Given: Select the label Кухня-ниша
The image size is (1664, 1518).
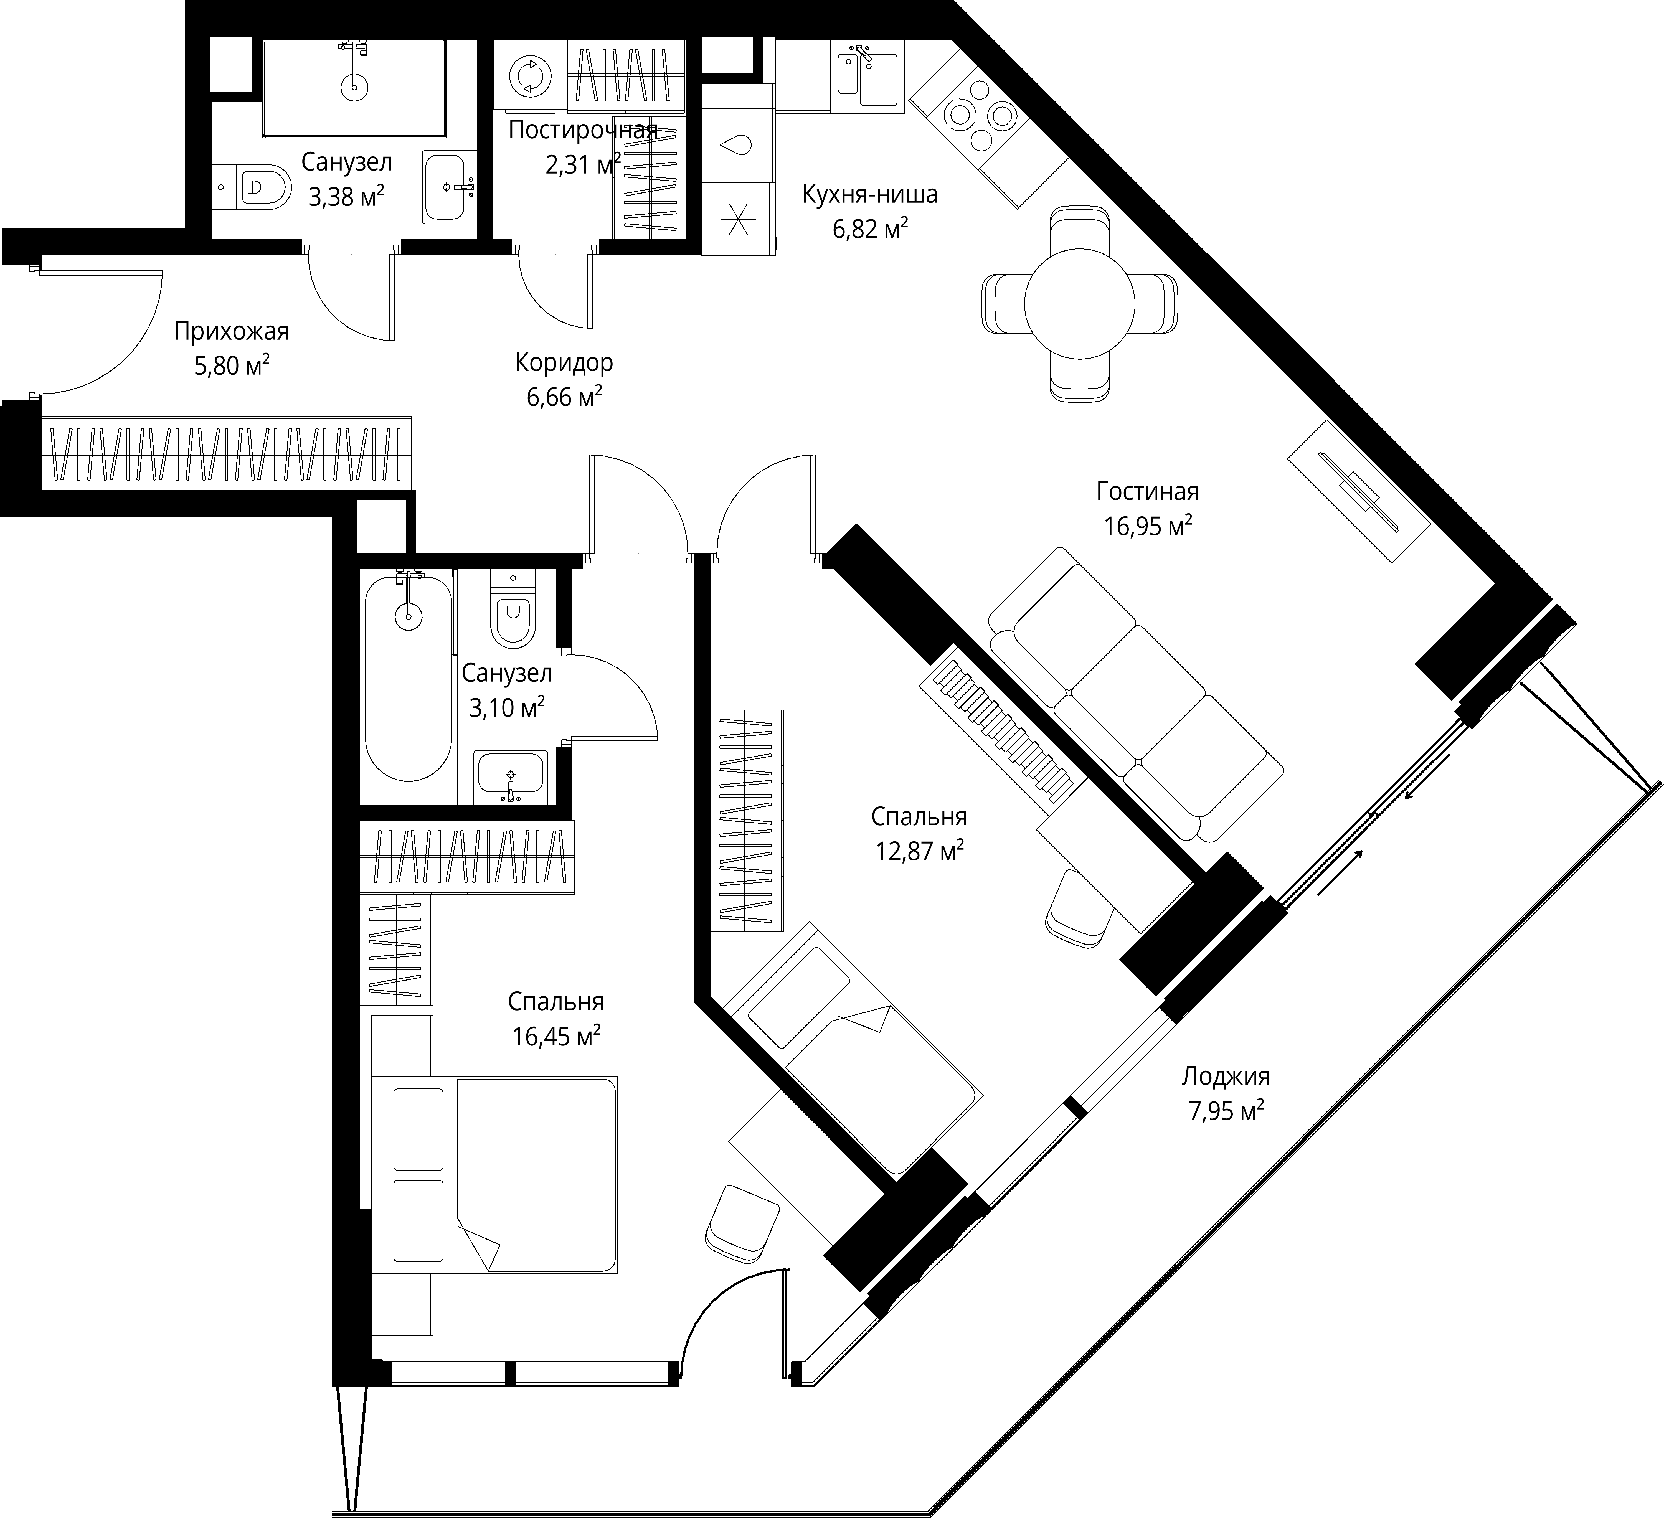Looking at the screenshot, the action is [870, 195].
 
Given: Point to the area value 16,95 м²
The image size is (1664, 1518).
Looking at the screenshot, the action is [1147, 526].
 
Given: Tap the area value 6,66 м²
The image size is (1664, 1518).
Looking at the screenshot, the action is [564, 397].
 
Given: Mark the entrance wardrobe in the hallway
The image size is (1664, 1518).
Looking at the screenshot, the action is [225, 452].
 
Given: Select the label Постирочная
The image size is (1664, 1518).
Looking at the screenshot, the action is [583, 130].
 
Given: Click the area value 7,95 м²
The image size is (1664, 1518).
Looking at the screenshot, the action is [1226, 1111].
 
